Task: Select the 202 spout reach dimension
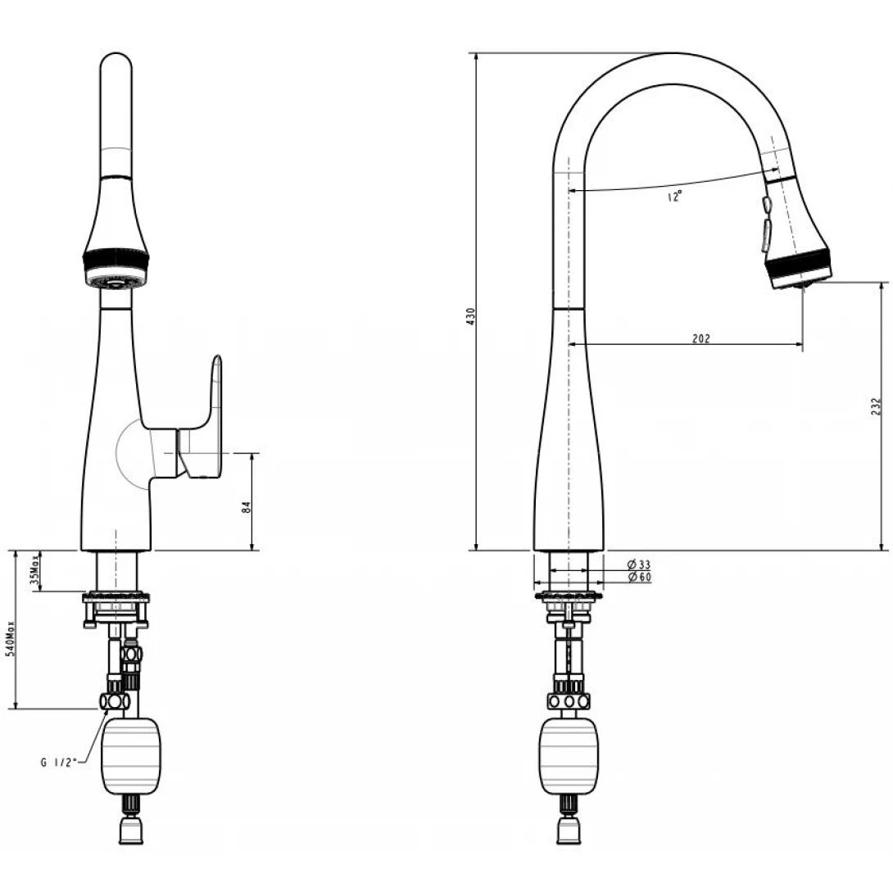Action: point(700,338)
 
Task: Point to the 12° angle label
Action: point(673,197)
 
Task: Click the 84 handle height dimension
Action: point(246,508)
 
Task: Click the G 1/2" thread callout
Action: point(58,761)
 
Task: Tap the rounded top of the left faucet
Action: point(116,70)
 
